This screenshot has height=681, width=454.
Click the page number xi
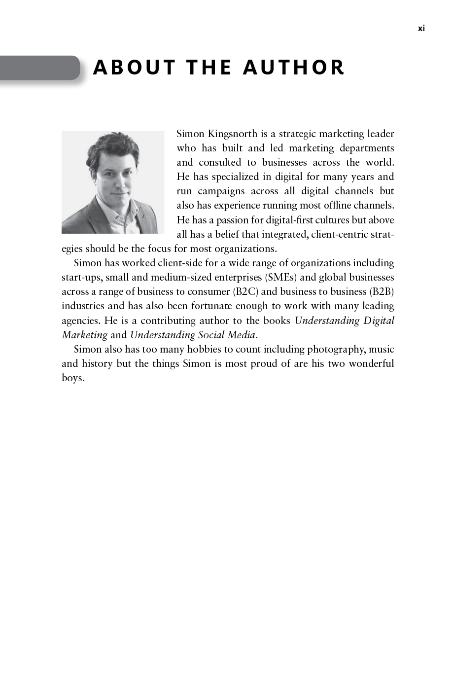coord(421,29)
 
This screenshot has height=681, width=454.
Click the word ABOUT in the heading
coord(135,68)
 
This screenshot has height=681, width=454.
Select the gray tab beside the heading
coord(39,68)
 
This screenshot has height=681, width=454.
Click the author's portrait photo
coord(112,182)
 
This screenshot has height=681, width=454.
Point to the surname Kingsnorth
coord(233,134)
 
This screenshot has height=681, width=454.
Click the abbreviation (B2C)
coord(245,291)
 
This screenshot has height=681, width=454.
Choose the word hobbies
coord(204,349)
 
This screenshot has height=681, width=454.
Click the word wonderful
coord(371,363)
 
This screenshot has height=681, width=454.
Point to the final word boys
coord(73,378)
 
